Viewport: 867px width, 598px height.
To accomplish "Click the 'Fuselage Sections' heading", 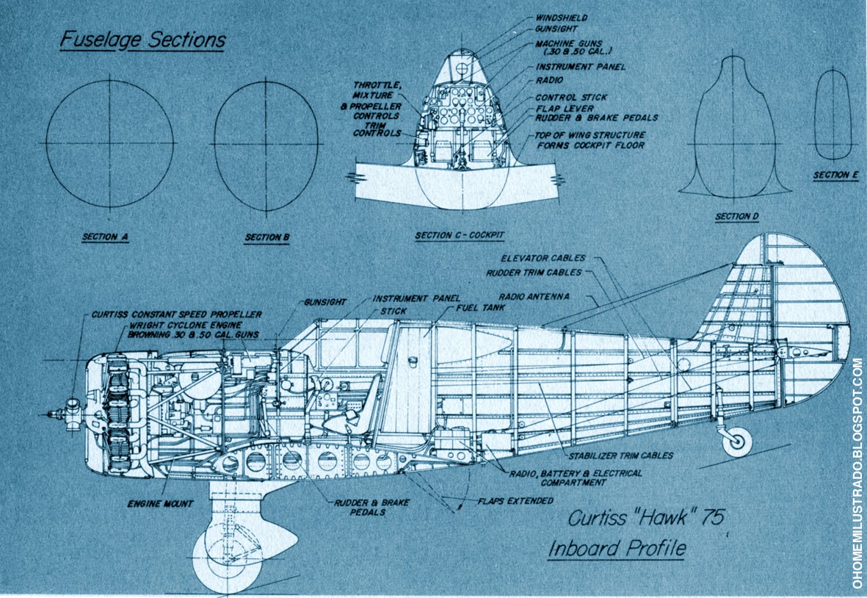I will pyautogui.click(x=142, y=39).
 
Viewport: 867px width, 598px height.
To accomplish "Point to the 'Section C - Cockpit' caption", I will pyautogui.click(x=460, y=236).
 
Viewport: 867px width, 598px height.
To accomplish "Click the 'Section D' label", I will pyautogui.click(x=736, y=217).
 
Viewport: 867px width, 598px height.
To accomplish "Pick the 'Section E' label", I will pyautogui.click(x=835, y=176).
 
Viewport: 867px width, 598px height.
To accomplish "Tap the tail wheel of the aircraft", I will pyautogui.click(x=736, y=440).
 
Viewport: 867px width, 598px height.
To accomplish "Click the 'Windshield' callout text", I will pyautogui.click(x=562, y=18).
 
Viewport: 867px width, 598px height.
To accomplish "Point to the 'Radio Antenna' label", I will pyautogui.click(x=534, y=298).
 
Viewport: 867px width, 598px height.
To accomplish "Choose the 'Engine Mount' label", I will pyautogui.click(x=160, y=504).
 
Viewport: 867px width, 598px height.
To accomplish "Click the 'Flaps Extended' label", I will pyautogui.click(x=515, y=502).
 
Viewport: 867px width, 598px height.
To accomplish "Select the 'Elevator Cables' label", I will pyautogui.click(x=543, y=258).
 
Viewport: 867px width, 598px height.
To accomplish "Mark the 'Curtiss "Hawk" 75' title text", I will pyautogui.click(x=646, y=517).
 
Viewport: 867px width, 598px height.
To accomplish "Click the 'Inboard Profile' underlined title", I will pyautogui.click(x=617, y=548).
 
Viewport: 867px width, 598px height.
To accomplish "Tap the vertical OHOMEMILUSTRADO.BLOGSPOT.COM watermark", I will pyautogui.click(x=857, y=473).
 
